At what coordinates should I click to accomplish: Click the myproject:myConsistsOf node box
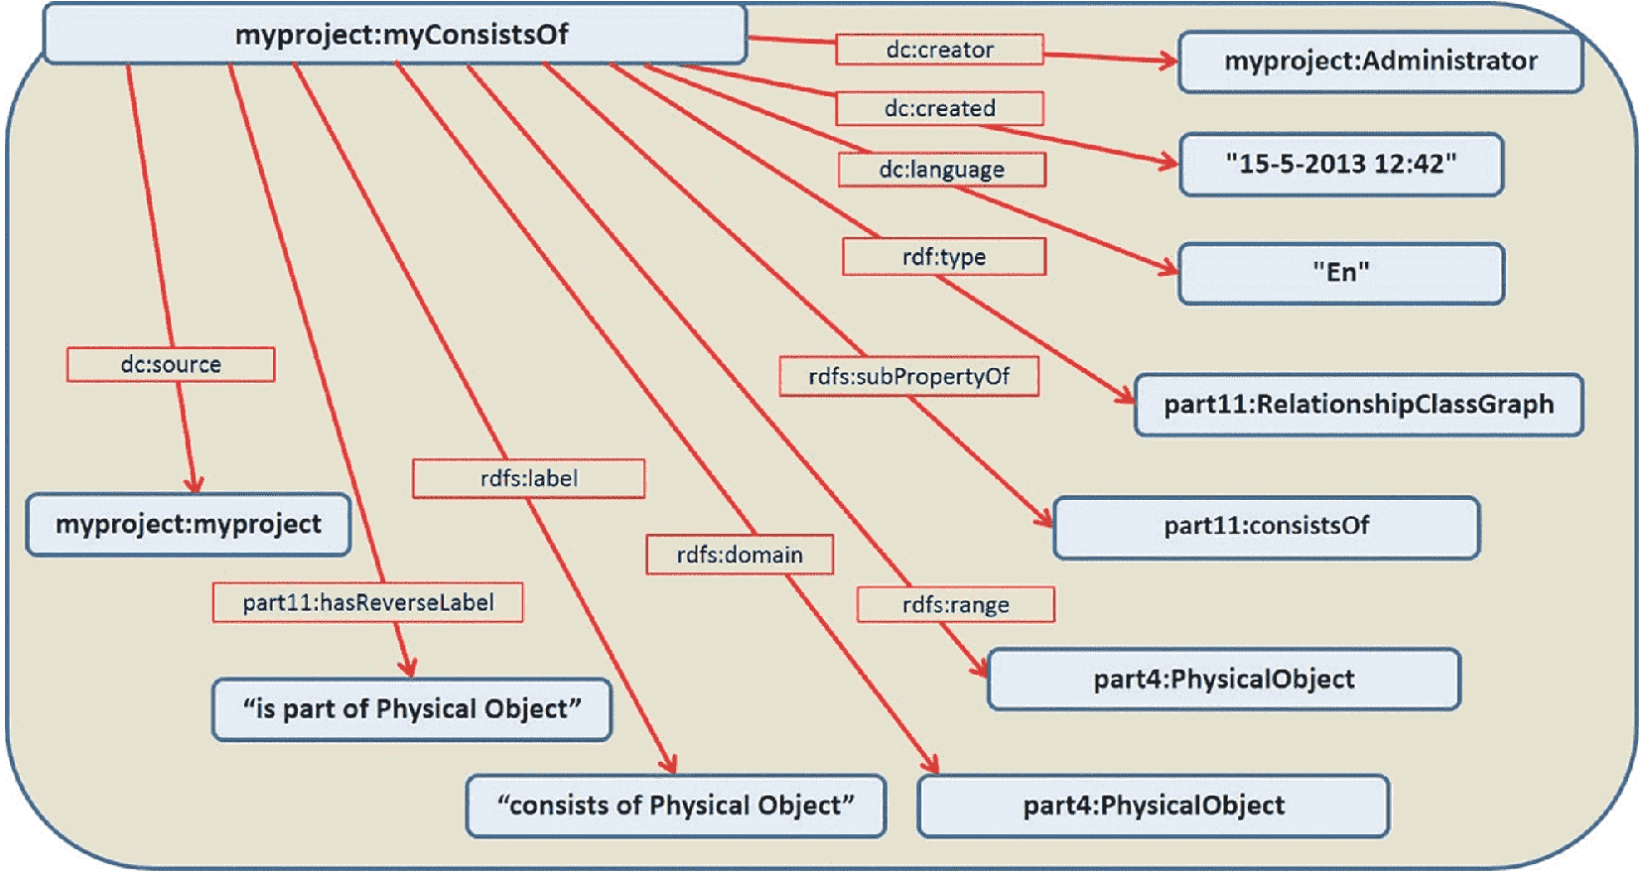(x=395, y=35)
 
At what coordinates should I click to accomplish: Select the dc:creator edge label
(x=940, y=50)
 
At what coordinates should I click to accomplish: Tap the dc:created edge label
(x=940, y=108)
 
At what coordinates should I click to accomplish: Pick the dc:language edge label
(x=942, y=170)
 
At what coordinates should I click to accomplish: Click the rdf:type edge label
(x=944, y=256)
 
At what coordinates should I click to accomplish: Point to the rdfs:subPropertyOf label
(x=909, y=377)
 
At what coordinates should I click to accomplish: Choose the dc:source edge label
(x=171, y=364)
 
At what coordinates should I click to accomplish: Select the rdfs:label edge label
(x=528, y=478)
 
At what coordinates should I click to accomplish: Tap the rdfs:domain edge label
(x=740, y=555)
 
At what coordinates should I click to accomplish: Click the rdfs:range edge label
(x=956, y=604)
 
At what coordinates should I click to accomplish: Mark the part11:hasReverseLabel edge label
(x=368, y=602)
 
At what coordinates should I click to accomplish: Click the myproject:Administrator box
(x=1381, y=62)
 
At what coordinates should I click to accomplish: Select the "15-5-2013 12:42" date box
(x=1341, y=164)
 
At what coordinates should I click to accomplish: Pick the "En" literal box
(x=1341, y=273)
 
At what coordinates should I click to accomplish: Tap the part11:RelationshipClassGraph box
(x=1359, y=405)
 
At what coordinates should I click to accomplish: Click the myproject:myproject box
(x=189, y=525)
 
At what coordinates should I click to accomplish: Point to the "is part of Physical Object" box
(x=412, y=709)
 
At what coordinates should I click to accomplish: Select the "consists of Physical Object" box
(x=676, y=806)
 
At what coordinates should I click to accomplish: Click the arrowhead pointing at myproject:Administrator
(x=1168, y=61)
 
